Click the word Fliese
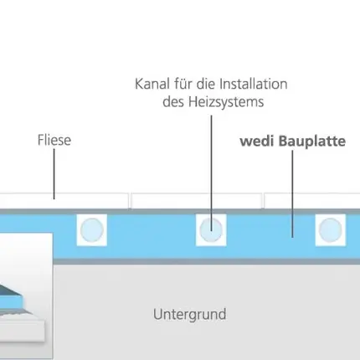[54, 140]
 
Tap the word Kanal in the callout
[152, 84]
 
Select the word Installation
[254, 84]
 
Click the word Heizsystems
[226, 102]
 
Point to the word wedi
[256, 141]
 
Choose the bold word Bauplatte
[312, 141]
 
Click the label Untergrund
[190, 315]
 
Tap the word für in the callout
[183, 84]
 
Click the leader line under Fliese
[54, 174]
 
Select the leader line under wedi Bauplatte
[292, 194]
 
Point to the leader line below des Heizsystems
[211, 173]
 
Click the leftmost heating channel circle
[92, 230]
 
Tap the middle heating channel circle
[211, 230]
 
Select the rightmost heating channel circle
[331, 230]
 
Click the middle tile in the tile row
[197, 201]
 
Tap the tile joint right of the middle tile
[263, 201]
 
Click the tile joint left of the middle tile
[130, 201]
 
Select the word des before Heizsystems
[173, 102]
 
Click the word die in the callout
[206, 84]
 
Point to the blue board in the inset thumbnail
[11, 301]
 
